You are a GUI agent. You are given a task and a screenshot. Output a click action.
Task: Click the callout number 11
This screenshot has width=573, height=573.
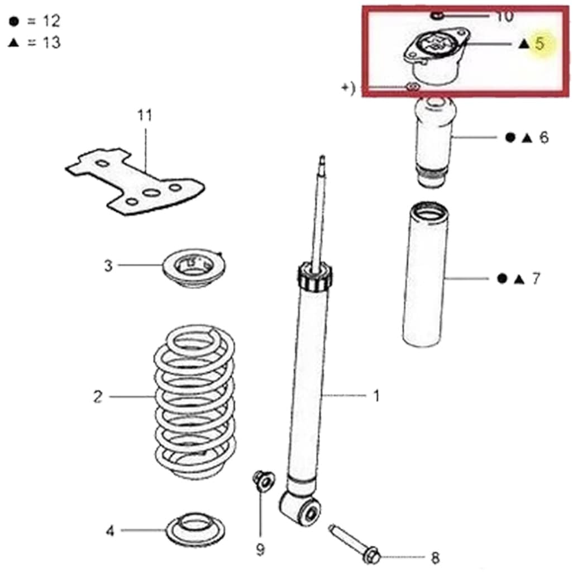click(145, 115)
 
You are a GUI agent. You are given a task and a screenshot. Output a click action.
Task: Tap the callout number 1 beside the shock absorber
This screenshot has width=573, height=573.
click(376, 395)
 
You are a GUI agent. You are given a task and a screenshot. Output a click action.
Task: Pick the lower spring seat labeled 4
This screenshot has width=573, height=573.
click(195, 530)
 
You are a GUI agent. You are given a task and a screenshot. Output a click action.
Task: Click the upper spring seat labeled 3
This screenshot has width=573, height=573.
click(194, 268)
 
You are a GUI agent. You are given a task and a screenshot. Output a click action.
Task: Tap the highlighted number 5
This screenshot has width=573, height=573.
click(539, 44)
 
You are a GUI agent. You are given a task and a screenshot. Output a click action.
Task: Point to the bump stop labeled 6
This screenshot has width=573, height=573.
click(434, 142)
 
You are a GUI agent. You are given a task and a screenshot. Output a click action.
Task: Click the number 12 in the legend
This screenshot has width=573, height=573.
click(51, 21)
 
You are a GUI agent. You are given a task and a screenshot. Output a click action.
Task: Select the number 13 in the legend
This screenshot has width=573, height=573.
click(51, 43)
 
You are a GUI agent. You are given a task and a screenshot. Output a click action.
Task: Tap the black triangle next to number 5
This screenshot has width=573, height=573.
click(524, 44)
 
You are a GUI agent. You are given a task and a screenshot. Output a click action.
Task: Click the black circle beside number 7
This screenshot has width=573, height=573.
click(503, 279)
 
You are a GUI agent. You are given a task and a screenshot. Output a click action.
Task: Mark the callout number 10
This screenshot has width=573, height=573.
click(505, 16)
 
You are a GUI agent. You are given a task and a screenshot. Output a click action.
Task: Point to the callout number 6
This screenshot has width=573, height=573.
click(544, 137)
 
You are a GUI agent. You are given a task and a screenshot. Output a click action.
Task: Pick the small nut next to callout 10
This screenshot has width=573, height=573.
click(437, 16)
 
